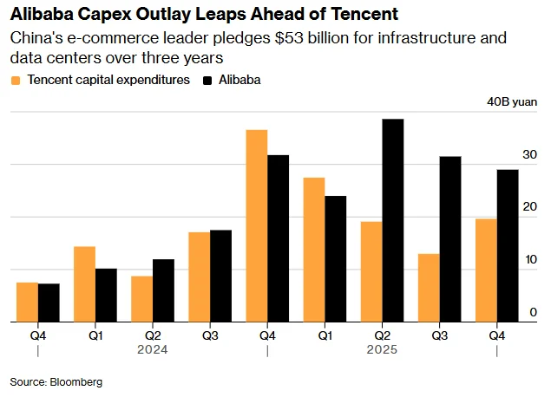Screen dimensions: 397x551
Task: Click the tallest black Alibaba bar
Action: [x=393, y=220]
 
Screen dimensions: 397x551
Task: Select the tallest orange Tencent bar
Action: [x=256, y=225]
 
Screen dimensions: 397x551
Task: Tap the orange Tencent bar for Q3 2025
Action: [x=429, y=288]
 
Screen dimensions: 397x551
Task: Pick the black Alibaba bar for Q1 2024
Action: [x=106, y=295]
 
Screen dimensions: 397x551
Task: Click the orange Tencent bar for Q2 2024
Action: [x=141, y=299]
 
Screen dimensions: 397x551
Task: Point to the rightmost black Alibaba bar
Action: [x=508, y=245]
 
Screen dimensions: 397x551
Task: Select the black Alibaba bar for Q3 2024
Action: [x=221, y=276]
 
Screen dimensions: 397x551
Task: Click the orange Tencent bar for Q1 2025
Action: [x=314, y=250]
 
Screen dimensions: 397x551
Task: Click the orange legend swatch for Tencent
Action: [x=16, y=81]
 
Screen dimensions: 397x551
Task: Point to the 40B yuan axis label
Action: [x=512, y=102]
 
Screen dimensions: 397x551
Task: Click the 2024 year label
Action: [x=152, y=350]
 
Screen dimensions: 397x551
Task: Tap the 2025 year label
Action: [x=382, y=350]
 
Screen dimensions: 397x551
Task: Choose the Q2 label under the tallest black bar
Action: [x=382, y=334]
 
